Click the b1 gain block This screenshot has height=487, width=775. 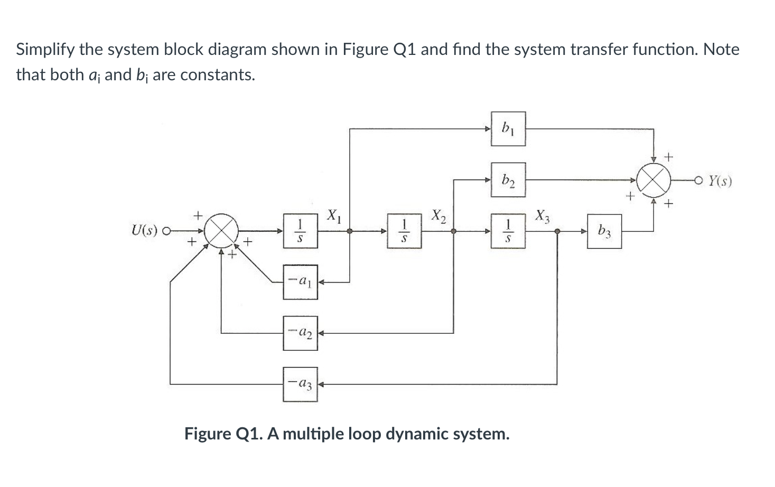click(x=508, y=128)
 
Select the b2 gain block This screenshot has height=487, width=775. click(x=508, y=180)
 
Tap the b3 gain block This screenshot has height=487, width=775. click(x=604, y=231)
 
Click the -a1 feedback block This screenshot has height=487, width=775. click(x=300, y=282)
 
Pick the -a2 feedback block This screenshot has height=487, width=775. click(x=300, y=333)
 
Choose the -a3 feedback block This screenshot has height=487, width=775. click(x=300, y=384)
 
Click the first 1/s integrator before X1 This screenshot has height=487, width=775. click(x=300, y=231)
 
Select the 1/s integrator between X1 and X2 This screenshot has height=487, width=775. click(x=404, y=231)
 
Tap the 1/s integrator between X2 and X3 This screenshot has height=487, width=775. click(x=508, y=231)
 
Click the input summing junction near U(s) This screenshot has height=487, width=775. click(x=221, y=231)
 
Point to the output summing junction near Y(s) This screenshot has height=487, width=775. click(x=654, y=180)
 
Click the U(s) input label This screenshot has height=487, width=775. click(x=144, y=231)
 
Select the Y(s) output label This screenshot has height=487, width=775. click(x=720, y=181)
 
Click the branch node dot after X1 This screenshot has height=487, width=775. click(x=349, y=231)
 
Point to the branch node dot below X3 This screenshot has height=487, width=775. click(x=557, y=231)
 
